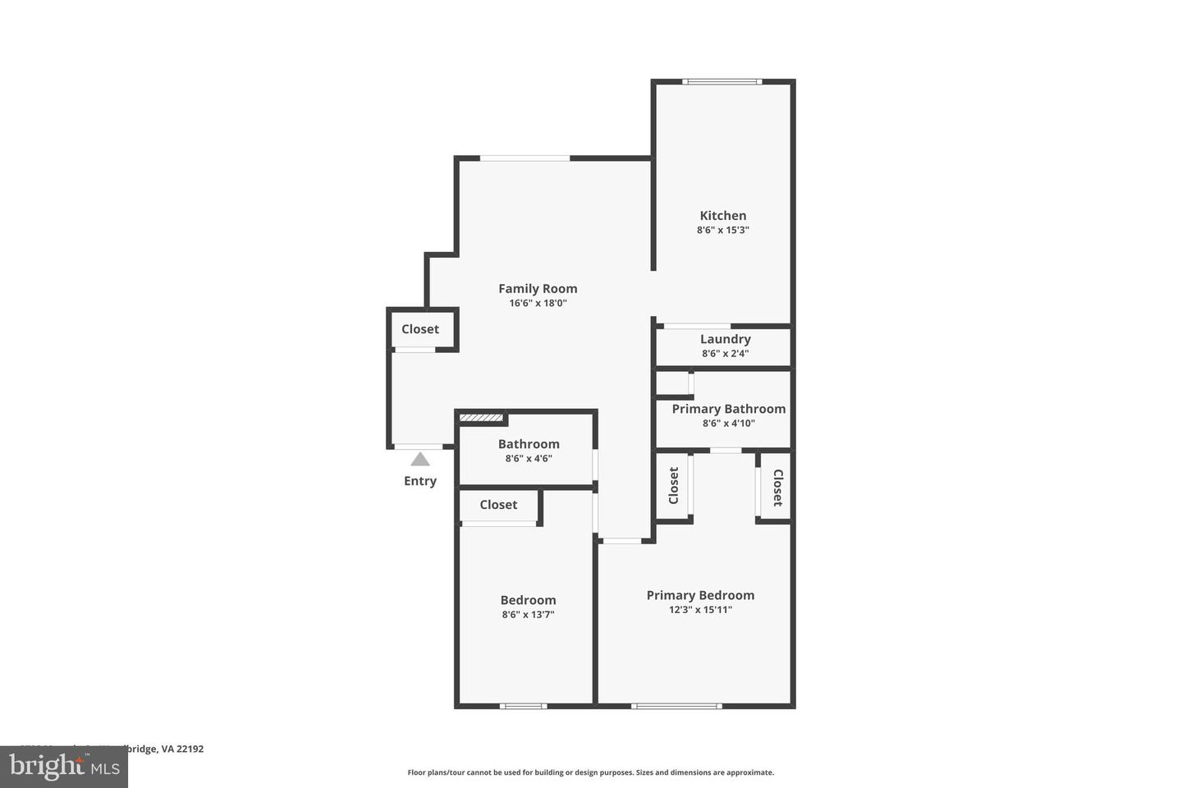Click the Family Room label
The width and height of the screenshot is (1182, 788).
(538, 288)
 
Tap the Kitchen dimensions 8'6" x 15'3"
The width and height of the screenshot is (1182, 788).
(722, 231)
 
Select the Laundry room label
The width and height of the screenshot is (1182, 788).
(725, 339)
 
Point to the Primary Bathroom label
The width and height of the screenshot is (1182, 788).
(728, 409)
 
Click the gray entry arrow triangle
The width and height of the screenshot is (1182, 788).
(420, 460)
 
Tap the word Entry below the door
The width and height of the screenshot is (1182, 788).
(420, 481)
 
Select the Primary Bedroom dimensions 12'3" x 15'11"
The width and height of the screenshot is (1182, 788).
(700, 610)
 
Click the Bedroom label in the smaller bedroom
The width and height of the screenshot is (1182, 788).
(528, 600)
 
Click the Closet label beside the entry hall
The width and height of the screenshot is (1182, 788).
(420, 329)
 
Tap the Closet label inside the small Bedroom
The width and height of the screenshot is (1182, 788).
(498, 505)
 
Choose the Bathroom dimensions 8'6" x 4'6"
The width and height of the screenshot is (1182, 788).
(529, 459)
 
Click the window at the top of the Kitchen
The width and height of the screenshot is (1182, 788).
(722, 81)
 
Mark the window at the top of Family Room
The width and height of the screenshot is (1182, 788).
(525, 158)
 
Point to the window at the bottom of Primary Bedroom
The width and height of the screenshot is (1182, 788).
(676, 706)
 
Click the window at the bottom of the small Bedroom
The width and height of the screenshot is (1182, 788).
(523, 706)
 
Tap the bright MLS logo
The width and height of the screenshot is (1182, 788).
(63, 767)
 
